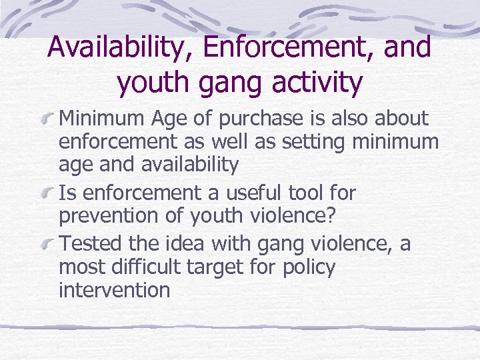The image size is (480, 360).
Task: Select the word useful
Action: (x=250, y=193)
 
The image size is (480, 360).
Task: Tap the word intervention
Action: (x=114, y=290)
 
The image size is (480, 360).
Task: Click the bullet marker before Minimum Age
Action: (x=47, y=120)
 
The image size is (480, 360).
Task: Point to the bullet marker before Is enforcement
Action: (x=47, y=194)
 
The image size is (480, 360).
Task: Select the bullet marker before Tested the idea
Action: (x=47, y=245)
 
